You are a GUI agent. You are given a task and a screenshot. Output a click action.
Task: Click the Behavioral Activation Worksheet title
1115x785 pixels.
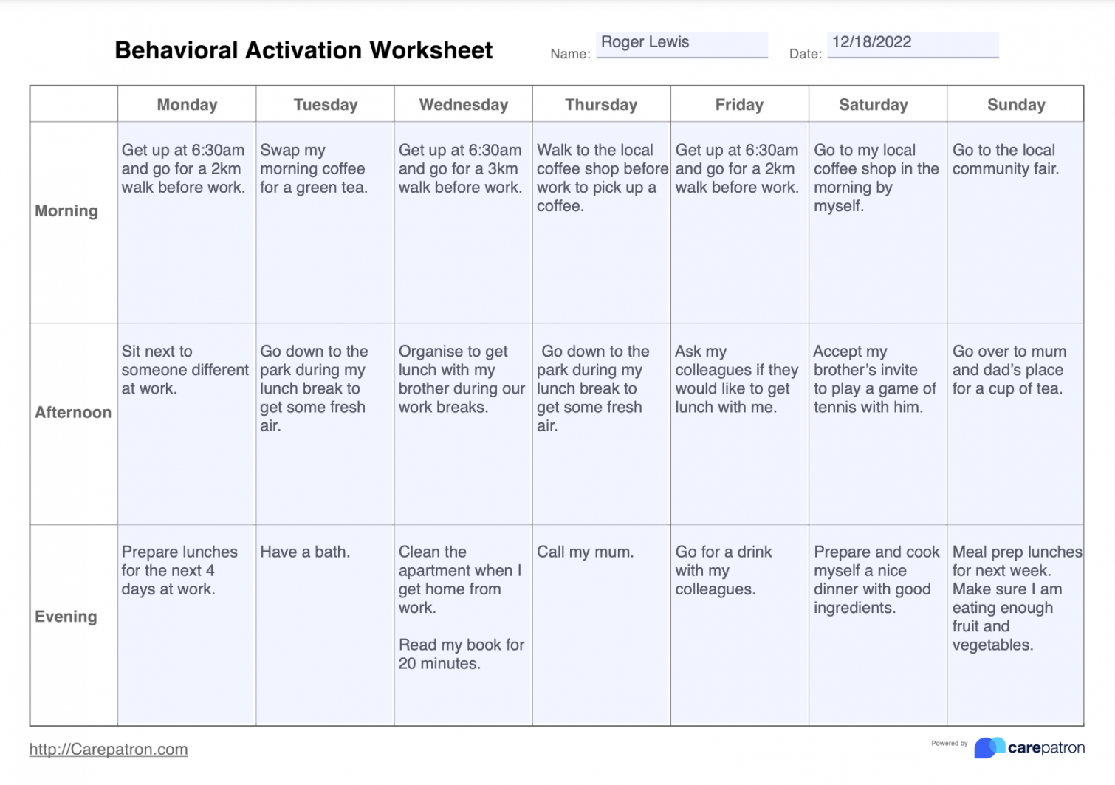[303, 50]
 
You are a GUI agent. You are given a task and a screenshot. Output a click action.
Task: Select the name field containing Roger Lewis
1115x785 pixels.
[682, 44]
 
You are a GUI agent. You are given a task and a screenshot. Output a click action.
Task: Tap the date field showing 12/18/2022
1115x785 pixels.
[913, 44]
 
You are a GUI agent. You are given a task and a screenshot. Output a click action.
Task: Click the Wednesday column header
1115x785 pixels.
[463, 105]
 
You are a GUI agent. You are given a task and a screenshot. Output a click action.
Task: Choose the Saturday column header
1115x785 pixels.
[873, 105]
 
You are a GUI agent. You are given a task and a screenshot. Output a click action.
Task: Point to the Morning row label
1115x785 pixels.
[66, 211]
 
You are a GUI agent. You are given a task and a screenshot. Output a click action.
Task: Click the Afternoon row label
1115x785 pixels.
[73, 412]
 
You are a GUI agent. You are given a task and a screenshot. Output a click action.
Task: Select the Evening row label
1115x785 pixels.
[66, 617]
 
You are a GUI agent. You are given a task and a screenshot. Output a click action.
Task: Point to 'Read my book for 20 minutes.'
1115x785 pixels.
[461, 654]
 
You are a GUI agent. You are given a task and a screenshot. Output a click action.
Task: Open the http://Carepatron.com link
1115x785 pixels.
[109, 750]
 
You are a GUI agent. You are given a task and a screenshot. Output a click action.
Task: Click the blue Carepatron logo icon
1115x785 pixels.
[989, 747]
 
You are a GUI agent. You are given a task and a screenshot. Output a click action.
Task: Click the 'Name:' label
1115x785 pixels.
[570, 54]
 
